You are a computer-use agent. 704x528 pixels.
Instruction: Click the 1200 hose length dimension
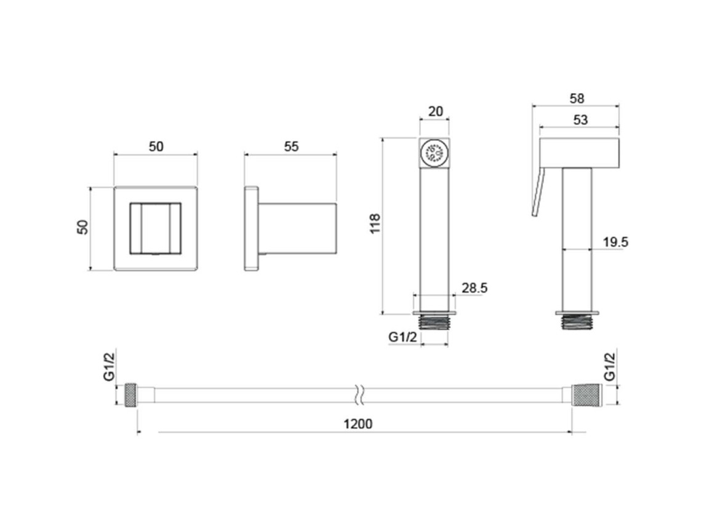[x=358, y=423]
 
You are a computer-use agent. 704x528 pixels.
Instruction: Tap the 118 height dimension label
[x=375, y=223]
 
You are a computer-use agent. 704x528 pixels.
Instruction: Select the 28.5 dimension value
[x=474, y=288]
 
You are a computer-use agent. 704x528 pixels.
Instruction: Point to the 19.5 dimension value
[x=615, y=242]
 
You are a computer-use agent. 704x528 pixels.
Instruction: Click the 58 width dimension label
[x=577, y=98]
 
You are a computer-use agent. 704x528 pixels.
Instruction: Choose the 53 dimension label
[x=580, y=120]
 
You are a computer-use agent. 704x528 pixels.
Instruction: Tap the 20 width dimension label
[x=436, y=111]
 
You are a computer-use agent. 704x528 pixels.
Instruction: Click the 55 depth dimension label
[x=292, y=146]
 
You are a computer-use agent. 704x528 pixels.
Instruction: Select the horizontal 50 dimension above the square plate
[x=156, y=146]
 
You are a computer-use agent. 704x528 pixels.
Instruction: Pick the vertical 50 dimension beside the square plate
[x=83, y=227]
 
